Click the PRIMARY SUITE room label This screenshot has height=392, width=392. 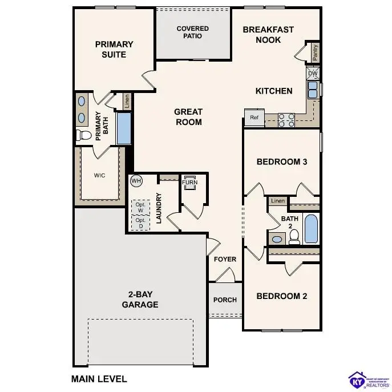114,49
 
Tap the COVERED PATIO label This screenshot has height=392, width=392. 192,32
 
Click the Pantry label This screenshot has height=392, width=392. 315,53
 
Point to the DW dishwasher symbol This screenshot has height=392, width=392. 313,74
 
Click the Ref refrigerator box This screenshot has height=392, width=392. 254,118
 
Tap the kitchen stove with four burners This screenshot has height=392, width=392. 286,119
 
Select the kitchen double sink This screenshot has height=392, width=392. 313,90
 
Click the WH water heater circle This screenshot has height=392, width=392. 136,181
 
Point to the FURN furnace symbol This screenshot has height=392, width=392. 189,183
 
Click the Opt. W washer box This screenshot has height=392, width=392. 140,207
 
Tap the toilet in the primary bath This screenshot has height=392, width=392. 84,135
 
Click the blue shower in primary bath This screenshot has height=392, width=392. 124,128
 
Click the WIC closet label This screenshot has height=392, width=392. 100,176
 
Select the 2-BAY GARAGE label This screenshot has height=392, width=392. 140,300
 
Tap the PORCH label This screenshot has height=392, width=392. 225,300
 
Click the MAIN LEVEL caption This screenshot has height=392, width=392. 99,378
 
